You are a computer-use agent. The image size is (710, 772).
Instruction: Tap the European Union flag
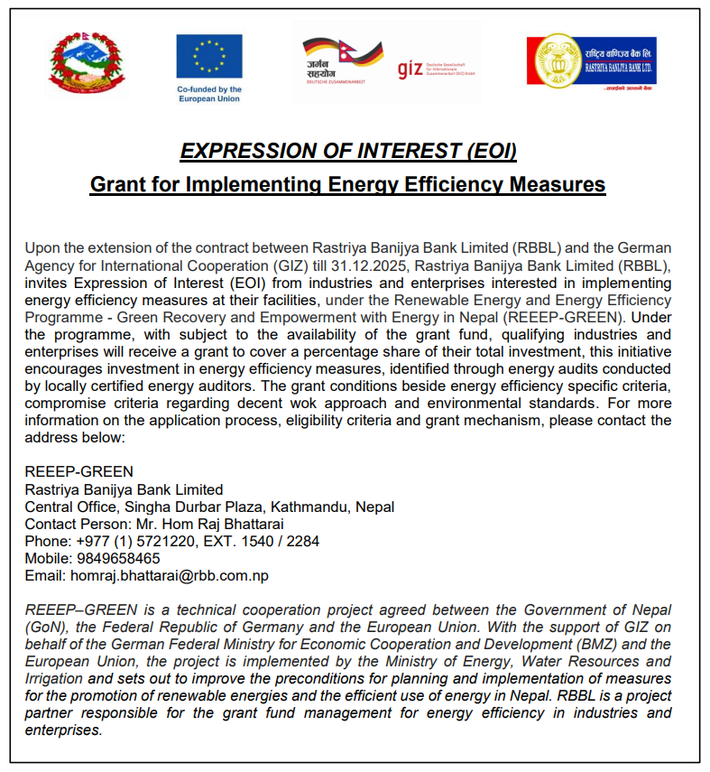tap(209, 56)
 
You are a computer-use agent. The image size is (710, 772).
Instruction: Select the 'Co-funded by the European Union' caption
tap(209, 94)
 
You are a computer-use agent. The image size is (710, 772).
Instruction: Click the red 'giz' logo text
tap(410, 69)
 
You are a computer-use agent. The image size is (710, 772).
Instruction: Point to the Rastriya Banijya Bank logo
tap(591, 61)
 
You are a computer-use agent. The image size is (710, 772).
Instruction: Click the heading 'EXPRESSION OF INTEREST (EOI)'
tap(348, 151)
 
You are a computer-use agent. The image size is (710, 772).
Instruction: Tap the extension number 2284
tap(302, 542)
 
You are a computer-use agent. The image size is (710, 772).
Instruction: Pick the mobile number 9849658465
tap(118, 559)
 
